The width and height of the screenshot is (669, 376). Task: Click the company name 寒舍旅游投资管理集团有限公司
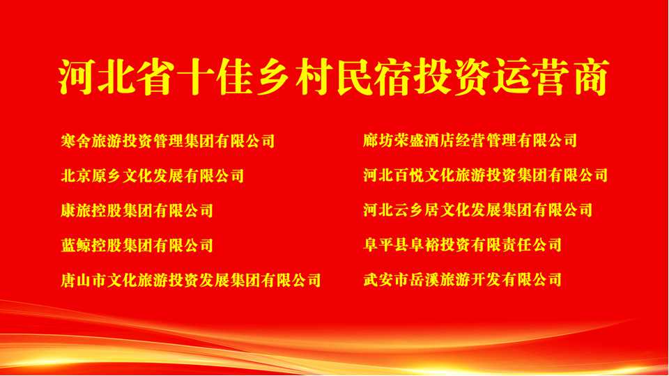coord(168,141)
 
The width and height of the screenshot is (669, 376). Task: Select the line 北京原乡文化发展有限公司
coord(153,175)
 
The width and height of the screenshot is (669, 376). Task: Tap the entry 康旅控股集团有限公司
coord(137,210)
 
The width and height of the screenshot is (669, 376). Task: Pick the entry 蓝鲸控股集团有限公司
coord(137,246)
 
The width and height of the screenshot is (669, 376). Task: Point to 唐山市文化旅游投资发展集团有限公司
coord(191,281)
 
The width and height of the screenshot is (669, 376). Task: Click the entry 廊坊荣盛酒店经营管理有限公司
coord(470,140)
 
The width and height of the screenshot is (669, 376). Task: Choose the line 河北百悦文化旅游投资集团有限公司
coord(486,175)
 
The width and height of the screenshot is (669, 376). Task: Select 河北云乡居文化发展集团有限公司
coord(478,210)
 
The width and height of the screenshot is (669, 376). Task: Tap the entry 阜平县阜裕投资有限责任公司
coord(463,245)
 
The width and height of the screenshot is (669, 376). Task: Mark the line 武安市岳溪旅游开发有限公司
coord(463,280)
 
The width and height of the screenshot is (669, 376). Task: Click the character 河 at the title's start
coord(76,77)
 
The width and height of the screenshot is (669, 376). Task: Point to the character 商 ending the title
coord(592,77)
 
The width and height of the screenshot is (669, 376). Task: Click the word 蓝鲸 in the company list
coord(76,246)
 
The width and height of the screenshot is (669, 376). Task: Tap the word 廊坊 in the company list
coord(378,140)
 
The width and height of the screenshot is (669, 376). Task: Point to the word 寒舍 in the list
coord(76,141)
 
